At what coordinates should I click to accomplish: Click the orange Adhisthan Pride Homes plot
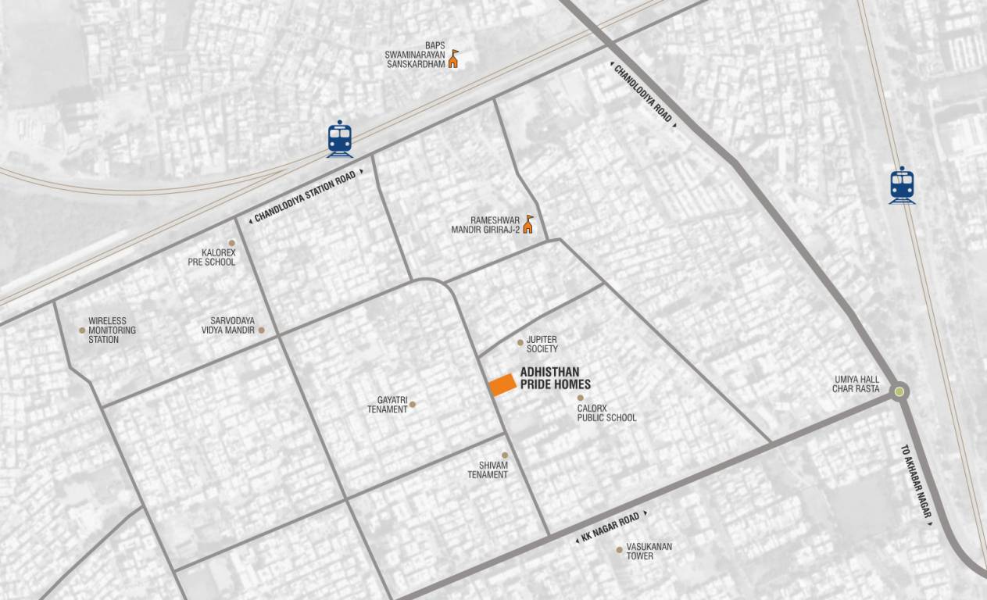[502, 384]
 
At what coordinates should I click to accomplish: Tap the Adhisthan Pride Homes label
[555, 379]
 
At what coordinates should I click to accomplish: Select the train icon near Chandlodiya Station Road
[340, 139]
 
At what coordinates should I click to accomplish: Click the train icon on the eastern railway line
[902, 185]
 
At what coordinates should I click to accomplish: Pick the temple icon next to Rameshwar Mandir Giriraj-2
[528, 225]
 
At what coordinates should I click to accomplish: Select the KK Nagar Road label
[610, 527]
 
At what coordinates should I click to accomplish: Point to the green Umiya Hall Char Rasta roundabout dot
[899, 392]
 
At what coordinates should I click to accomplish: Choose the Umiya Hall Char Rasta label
[856, 384]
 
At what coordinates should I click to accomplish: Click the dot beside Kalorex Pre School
[231, 243]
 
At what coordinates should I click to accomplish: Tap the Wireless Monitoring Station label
[112, 330]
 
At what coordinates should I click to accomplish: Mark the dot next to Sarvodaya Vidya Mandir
[262, 330]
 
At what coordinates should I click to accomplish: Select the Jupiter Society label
[542, 345]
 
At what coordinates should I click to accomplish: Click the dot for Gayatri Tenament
[413, 405]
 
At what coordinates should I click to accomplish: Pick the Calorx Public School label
[606, 413]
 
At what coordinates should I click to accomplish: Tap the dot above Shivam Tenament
[505, 455]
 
